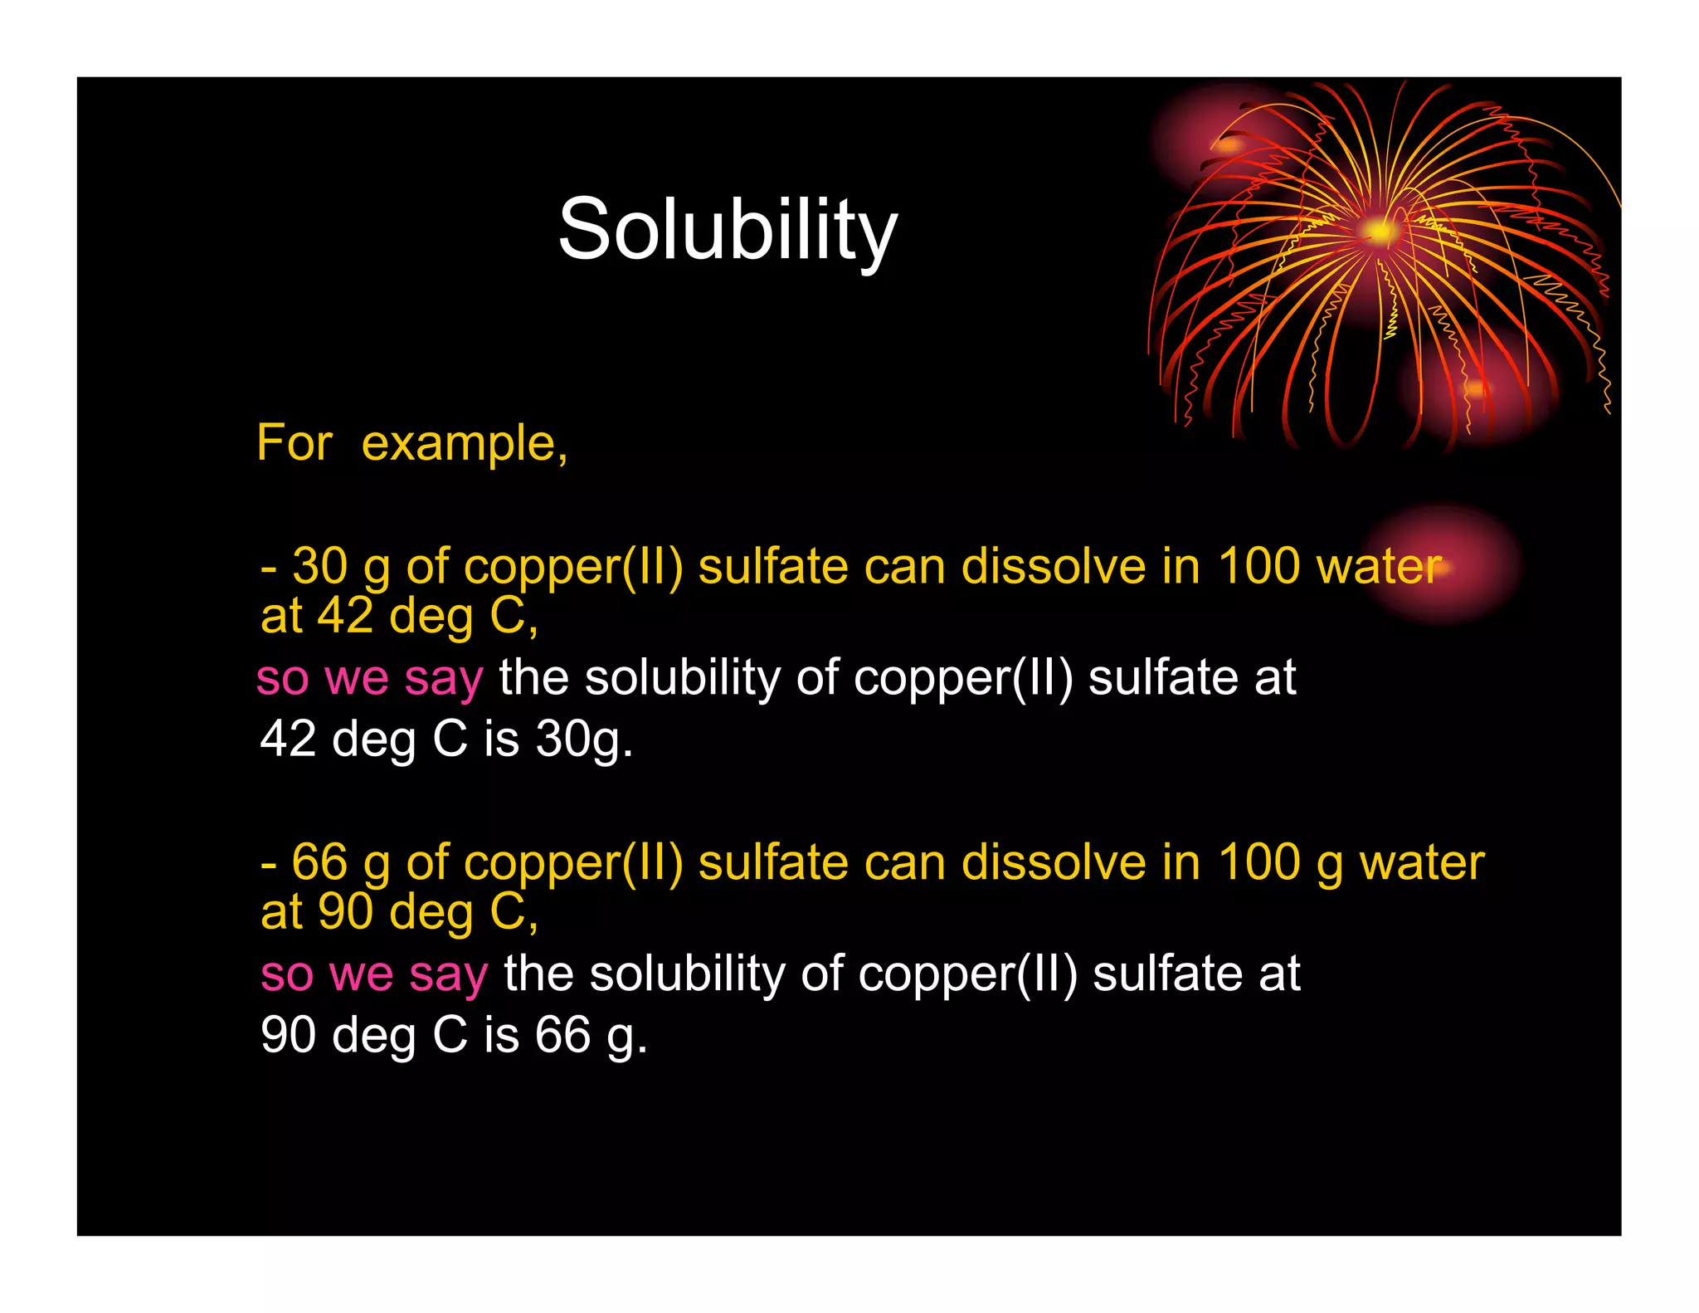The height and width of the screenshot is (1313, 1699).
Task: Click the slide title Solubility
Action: coord(728,229)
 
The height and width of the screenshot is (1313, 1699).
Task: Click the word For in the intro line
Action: coord(295,442)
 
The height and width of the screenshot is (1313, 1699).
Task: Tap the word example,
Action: coord(464,444)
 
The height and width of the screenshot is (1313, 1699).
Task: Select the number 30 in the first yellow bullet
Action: coord(320,566)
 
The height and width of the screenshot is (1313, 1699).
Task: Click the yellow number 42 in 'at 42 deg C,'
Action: coord(346,616)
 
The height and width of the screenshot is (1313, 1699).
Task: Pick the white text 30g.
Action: coord(584,738)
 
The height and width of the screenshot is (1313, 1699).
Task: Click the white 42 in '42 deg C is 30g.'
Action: coord(288,738)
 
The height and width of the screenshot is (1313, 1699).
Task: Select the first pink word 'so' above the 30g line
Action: coord(282,677)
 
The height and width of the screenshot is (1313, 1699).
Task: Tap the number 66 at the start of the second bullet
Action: coord(319,862)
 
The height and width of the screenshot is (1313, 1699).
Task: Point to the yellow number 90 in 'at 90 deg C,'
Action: coord(346,911)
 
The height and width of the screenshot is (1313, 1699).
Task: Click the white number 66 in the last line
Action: coord(562,1034)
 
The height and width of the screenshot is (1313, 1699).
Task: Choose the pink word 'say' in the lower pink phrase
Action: coord(448,974)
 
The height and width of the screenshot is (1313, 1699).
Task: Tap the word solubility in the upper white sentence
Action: coord(681,677)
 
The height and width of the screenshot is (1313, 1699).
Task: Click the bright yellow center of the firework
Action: coord(1378,230)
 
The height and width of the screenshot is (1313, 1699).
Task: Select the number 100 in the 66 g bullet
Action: coord(1258,862)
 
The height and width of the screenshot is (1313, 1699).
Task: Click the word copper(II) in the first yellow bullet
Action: coord(573,566)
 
